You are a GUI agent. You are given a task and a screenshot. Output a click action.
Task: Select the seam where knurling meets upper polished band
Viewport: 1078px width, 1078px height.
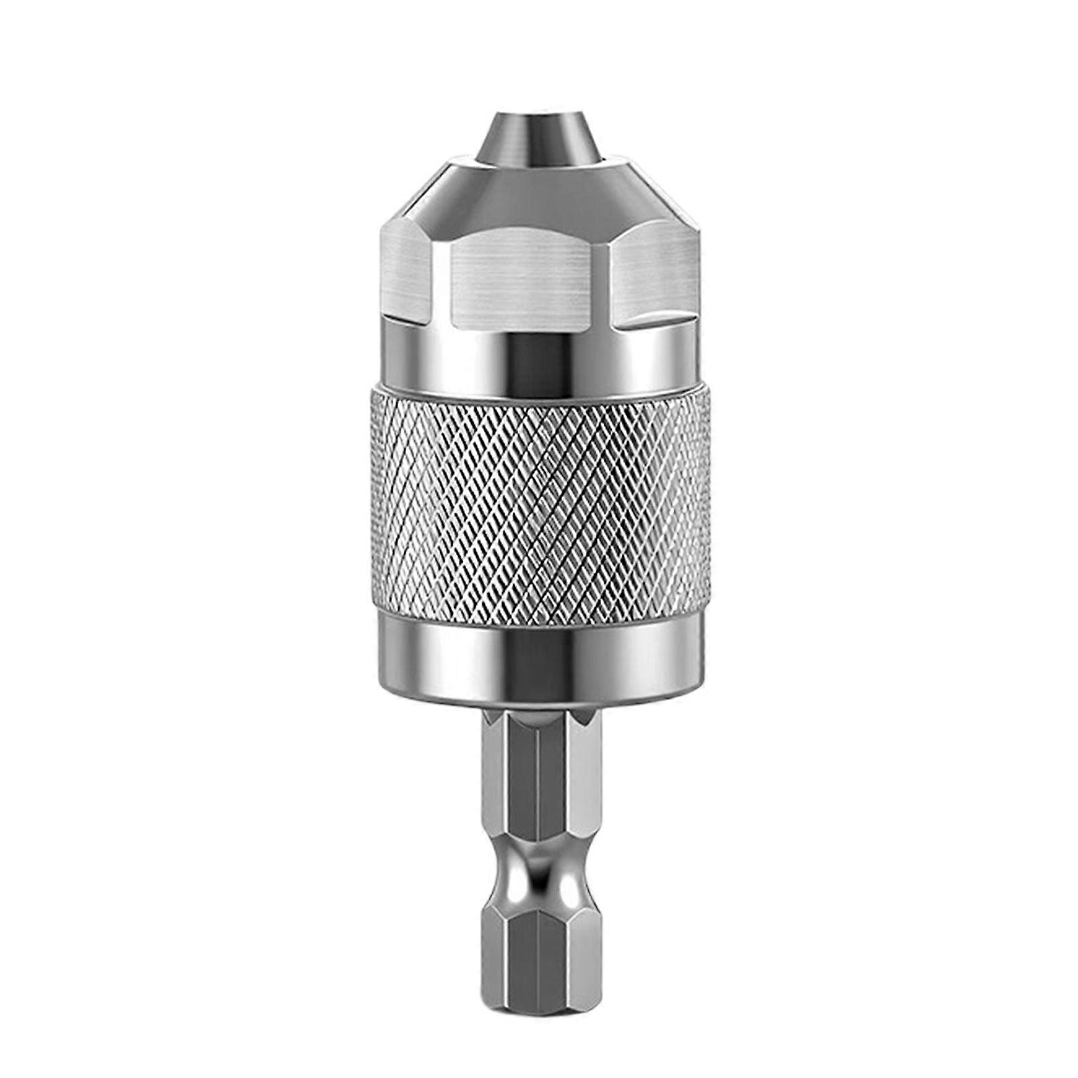[x=539, y=389]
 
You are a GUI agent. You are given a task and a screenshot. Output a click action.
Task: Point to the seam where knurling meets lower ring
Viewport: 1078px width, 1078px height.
[x=539, y=611]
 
